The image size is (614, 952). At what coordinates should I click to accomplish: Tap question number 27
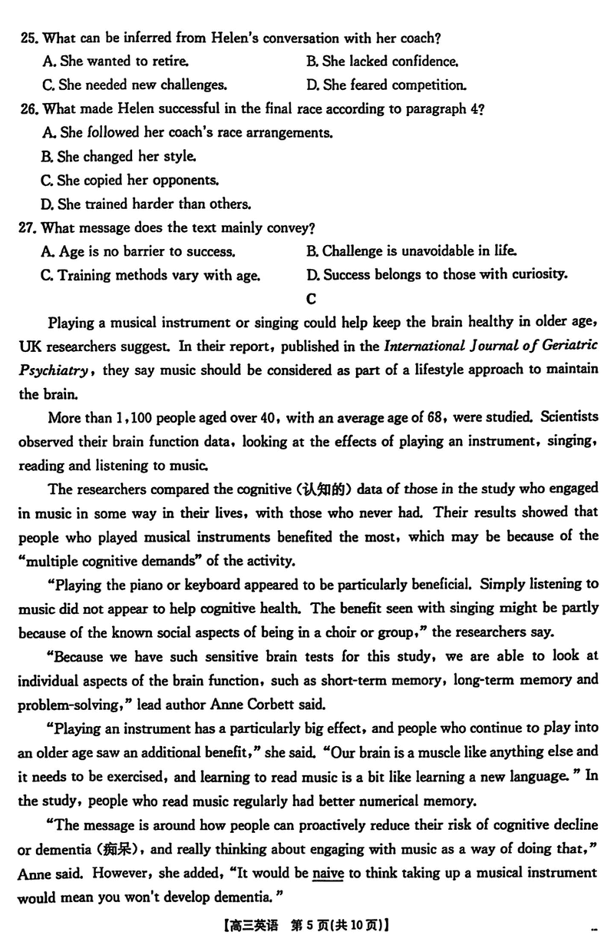[30, 227]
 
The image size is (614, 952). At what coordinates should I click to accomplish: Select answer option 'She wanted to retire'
[115, 61]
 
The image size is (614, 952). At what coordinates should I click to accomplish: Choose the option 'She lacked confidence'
[382, 61]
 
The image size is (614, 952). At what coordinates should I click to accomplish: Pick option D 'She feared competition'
[386, 85]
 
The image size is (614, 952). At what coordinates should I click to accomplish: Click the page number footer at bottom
[307, 926]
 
